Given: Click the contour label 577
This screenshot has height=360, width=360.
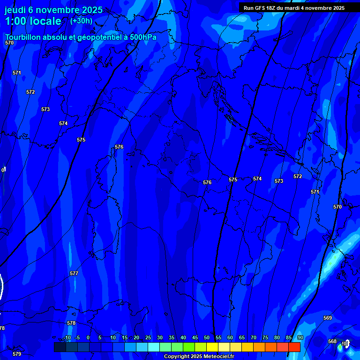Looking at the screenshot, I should [74, 273].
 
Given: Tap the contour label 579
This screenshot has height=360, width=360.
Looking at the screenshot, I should [17, 354].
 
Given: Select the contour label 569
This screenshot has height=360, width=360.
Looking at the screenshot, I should [328, 318].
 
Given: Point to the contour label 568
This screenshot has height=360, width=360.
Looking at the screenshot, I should [332, 341].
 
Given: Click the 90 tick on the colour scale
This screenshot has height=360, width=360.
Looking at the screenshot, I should [300, 337].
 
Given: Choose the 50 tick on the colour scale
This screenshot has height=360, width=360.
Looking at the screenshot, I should [207, 337].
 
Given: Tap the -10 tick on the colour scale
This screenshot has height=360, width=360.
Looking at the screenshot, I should [67, 337].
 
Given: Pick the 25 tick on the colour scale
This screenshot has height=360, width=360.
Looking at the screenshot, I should [148, 337].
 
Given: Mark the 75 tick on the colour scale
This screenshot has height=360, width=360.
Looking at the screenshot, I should [265, 337].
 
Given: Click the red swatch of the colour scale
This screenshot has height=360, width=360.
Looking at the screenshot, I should [294, 347].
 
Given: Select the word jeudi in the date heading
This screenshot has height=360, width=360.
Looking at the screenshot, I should [15, 10].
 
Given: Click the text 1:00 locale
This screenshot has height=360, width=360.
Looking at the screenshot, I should [33, 21].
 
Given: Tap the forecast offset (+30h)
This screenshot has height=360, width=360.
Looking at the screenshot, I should [81, 21].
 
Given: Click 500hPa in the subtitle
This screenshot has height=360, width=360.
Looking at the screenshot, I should [142, 37].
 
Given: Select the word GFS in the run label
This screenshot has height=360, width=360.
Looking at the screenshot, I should [260, 8].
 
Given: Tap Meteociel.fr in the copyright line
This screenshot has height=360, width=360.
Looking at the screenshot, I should [220, 356].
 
